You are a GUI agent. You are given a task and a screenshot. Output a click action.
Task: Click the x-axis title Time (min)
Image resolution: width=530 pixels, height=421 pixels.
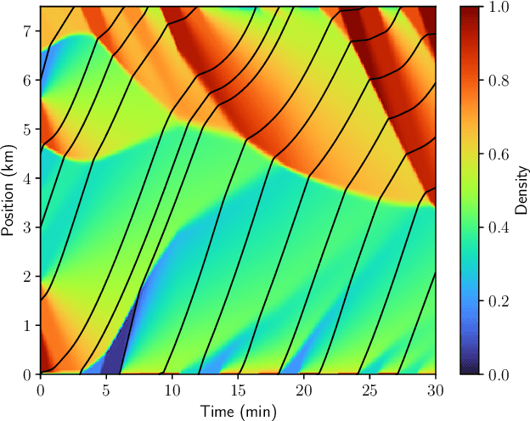pyautogui.click(x=238, y=411)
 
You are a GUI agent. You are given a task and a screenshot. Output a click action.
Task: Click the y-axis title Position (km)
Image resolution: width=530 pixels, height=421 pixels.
pyautogui.click(x=10, y=190)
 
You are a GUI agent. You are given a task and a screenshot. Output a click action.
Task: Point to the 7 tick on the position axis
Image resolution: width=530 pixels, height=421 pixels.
pyautogui.click(x=28, y=31)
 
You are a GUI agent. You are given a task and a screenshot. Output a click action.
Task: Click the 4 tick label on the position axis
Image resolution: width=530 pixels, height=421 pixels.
pyautogui.click(x=28, y=178)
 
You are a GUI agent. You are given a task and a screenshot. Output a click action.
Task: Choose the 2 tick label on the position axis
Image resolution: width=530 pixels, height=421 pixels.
pyautogui.click(x=28, y=277)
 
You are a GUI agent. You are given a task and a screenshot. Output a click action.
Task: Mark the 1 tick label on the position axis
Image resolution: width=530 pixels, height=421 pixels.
pyautogui.click(x=28, y=325)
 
